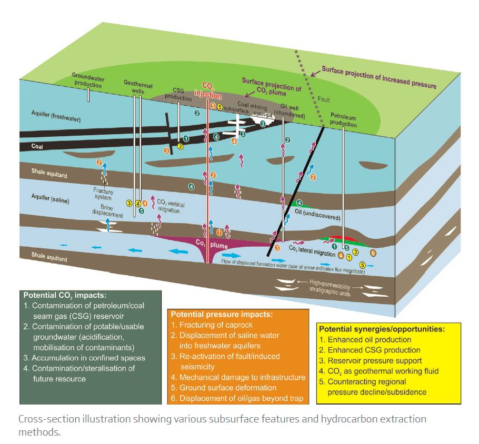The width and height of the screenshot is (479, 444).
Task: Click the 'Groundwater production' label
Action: pyautogui.click(x=88, y=80)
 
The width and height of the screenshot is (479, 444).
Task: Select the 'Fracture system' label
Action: pyautogui.click(x=103, y=194)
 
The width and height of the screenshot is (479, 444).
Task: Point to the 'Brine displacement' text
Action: pyautogui.click(x=108, y=211)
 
